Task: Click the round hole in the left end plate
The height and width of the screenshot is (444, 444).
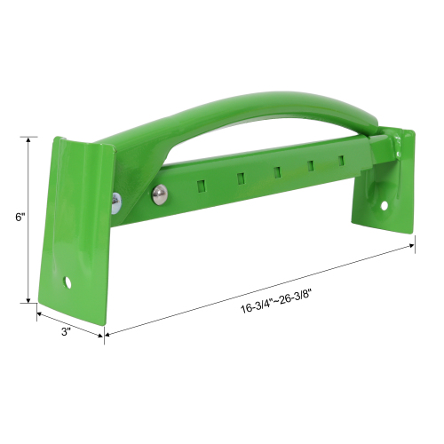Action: click(x=67, y=282)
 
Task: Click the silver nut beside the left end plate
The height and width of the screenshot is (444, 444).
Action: click(x=116, y=203)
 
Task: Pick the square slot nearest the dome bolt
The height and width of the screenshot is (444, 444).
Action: click(x=199, y=186)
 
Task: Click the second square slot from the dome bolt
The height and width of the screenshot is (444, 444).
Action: click(x=240, y=179)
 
